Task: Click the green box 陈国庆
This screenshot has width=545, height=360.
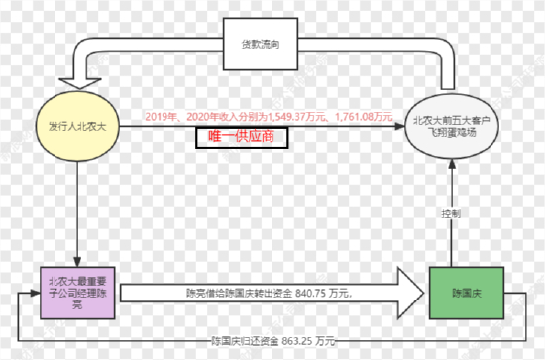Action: point(466,294)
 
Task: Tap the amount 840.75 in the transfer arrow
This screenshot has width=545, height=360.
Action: point(312,293)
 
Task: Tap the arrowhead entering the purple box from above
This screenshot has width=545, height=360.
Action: point(76,260)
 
